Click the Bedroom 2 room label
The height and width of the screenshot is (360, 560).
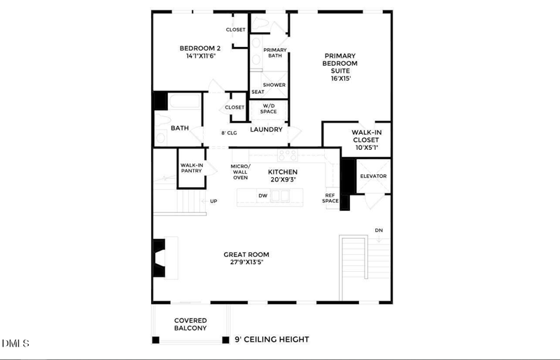[199, 48]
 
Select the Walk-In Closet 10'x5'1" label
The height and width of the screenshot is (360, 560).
[366, 139]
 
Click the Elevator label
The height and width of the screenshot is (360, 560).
[373, 176]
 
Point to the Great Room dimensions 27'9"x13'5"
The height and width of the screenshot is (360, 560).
[246, 263]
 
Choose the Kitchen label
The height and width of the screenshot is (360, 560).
[283, 172]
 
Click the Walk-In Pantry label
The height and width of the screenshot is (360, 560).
[191, 168]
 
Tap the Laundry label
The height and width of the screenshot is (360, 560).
[266, 130]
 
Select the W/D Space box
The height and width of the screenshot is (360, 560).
[269, 109]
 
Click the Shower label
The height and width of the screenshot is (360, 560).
[274, 85]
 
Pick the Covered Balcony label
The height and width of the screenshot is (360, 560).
[190, 324]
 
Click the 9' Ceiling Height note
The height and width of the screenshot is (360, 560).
[272, 340]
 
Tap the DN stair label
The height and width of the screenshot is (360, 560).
[379, 230]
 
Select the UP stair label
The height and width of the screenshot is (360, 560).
[213, 201]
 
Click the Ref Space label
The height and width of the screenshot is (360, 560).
[331, 198]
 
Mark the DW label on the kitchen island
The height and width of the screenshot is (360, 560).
[262, 196]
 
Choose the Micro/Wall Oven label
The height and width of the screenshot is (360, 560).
[240, 172]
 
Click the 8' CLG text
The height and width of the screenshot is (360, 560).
[229, 133]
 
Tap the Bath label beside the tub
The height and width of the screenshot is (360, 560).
[180, 128]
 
